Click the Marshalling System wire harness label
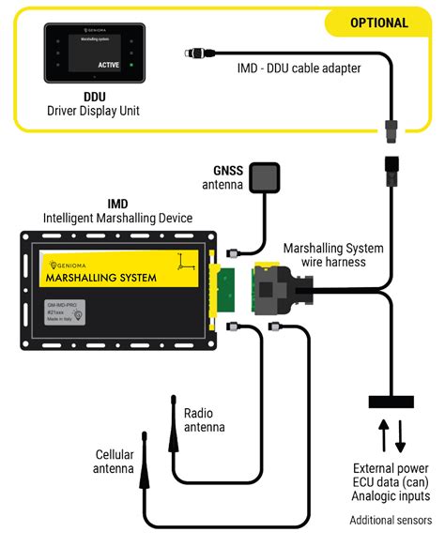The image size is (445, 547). [x=332, y=255]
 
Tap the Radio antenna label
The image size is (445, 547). [x=206, y=419]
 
